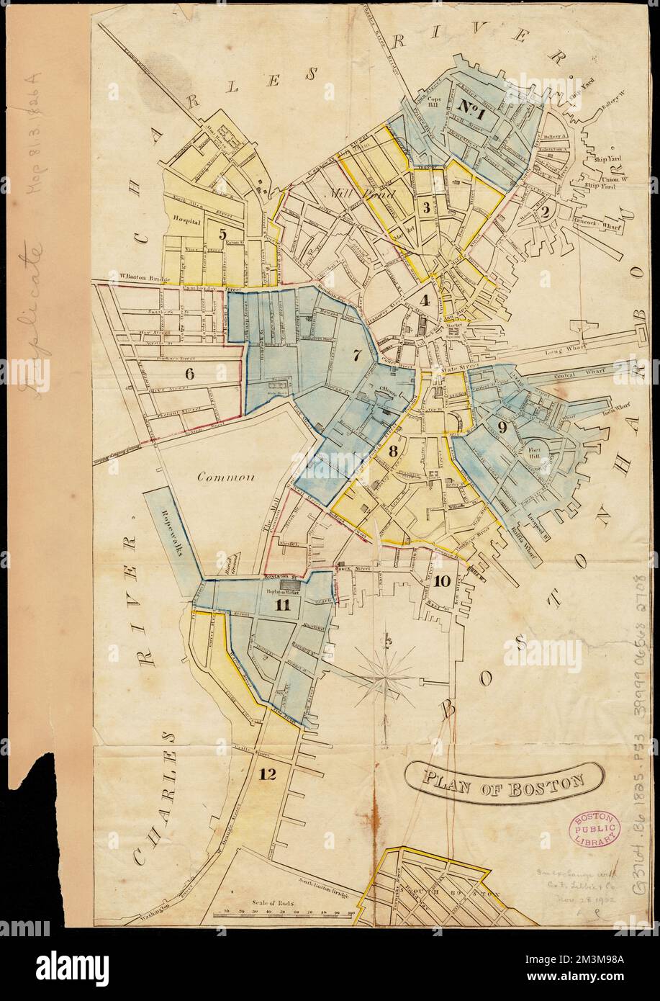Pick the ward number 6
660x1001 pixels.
pyautogui.click(x=190, y=373)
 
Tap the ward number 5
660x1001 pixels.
pyautogui.click(x=222, y=233)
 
